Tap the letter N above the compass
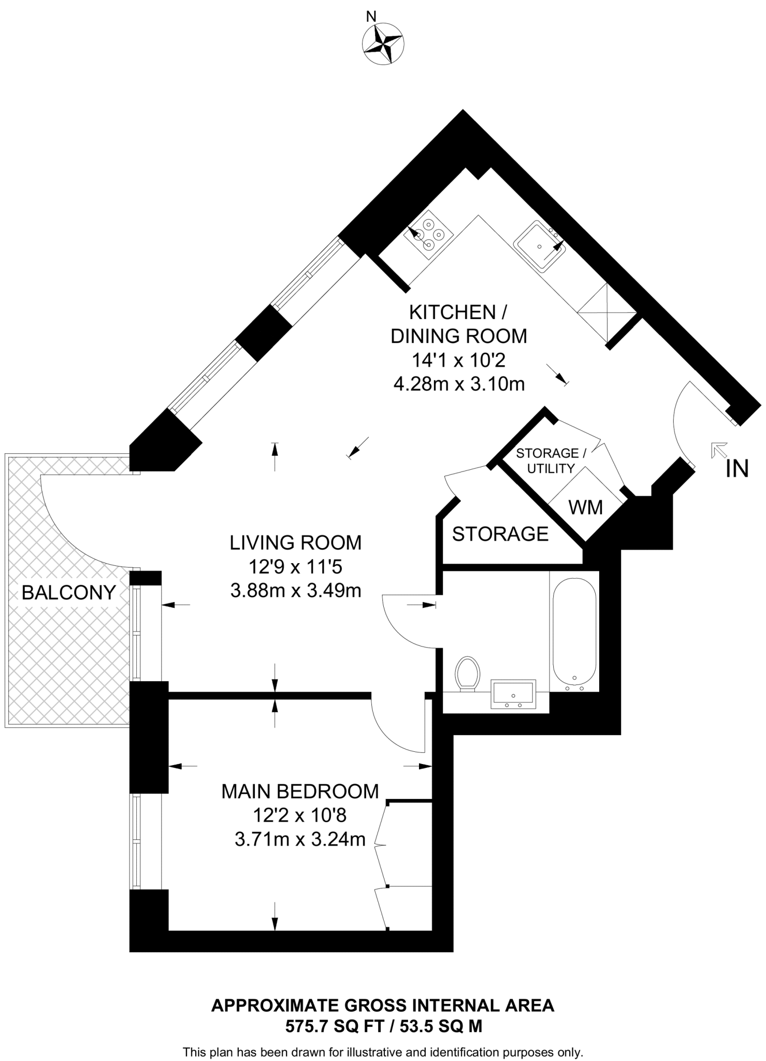tap(371, 17)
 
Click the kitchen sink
tap(540, 246)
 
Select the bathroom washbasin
tap(513, 695)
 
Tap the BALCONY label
tap(68, 592)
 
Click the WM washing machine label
tap(585, 508)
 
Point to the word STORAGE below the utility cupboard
tap(500, 534)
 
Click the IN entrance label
tap(737, 469)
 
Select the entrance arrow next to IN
tap(719, 450)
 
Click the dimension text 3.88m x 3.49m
tap(295, 591)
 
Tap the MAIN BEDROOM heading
tap(300, 792)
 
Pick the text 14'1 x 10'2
tap(458, 360)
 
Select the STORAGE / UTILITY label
tap(551, 461)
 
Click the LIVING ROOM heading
tap(295, 542)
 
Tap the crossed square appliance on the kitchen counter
tap(606, 313)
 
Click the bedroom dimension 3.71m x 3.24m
tap(300, 839)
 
